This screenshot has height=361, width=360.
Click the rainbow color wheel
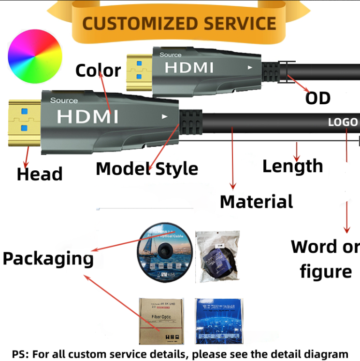click(35, 56)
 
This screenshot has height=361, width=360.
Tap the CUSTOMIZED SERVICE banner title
click(179, 23)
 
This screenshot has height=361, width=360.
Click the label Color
click(98, 70)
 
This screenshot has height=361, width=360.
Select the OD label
click(318, 98)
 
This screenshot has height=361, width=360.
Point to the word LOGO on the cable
click(343, 122)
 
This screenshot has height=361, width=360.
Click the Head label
click(40, 174)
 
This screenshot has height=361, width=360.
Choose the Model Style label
click(147, 169)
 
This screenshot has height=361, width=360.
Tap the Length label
click(292, 166)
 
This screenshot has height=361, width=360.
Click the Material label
click(256, 201)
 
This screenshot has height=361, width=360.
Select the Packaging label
click(48, 259)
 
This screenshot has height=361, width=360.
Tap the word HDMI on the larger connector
click(87, 116)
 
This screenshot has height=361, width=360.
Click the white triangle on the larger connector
click(165, 116)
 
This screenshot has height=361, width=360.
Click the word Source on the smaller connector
click(171, 55)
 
